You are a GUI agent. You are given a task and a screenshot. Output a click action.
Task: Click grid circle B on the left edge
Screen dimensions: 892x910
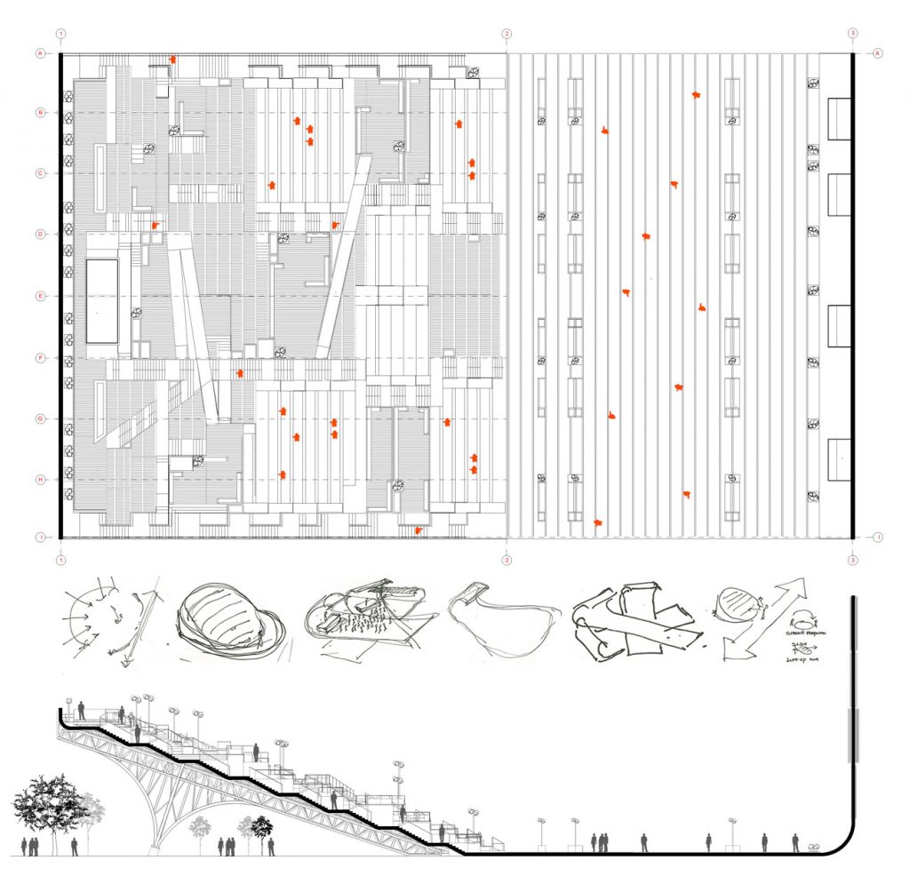coord(40,113)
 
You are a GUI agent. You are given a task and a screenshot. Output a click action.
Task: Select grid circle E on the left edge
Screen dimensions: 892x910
coord(40,296)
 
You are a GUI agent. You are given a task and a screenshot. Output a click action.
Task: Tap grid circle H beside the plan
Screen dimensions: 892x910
coord(40,480)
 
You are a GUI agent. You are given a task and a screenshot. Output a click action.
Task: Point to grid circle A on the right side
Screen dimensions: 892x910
coord(878,53)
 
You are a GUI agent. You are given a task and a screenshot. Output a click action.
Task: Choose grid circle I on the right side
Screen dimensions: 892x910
coord(878,538)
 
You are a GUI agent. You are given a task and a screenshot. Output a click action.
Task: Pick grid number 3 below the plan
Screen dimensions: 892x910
coord(853,561)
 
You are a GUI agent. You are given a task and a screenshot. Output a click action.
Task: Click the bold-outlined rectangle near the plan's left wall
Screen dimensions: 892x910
coord(102,300)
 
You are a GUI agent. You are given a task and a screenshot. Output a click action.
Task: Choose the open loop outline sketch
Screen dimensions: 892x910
coord(505,620)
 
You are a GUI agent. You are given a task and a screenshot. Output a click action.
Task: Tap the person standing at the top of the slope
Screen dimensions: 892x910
coord(82,711)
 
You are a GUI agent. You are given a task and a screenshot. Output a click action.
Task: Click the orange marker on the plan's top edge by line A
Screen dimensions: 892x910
coord(173,60)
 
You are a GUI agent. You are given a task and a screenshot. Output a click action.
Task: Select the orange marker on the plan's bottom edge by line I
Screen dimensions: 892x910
coord(419,530)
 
